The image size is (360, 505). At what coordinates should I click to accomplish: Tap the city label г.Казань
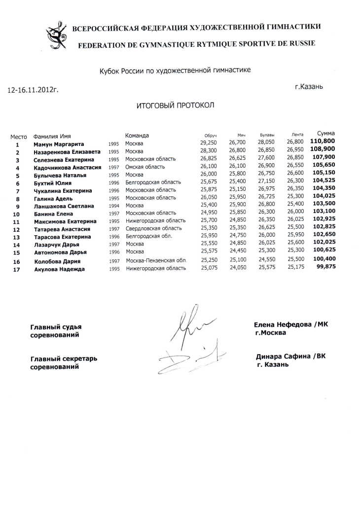(x=309, y=86)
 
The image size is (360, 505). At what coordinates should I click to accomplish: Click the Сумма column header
(x=325, y=134)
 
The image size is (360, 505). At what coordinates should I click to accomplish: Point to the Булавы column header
(x=267, y=135)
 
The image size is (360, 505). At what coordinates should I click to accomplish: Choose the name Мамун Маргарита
(x=59, y=144)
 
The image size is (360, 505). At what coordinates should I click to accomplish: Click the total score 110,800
(x=323, y=142)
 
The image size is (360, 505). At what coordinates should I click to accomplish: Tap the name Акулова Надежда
(x=59, y=269)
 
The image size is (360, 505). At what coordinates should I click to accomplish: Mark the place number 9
(x=17, y=207)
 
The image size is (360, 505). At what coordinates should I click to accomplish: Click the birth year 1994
(x=114, y=206)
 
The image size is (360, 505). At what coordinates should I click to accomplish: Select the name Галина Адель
(x=53, y=198)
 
